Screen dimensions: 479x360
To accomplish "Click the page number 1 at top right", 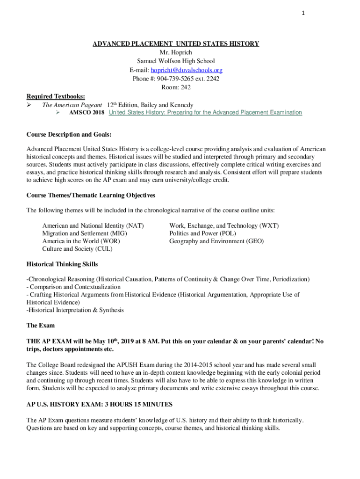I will pyautogui.click(x=303, y=13).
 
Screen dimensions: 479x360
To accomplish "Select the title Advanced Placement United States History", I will pyautogui.click(x=175, y=44).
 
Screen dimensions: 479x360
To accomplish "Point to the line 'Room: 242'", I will pyautogui.click(x=176, y=87).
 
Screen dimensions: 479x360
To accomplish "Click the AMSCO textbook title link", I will pyautogui.click(x=205, y=113).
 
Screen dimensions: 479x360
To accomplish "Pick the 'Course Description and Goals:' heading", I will pyautogui.click(x=69, y=135).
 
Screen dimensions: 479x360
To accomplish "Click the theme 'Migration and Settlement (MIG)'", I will pyautogui.click(x=85, y=233).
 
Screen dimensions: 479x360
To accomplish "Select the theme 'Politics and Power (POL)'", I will pyautogui.click(x=202, y=233).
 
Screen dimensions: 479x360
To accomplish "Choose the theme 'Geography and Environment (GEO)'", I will pyautogui.click(x=216, y=241).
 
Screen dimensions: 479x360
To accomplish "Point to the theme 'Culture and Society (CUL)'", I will pyautogui.click(x=77, y=249).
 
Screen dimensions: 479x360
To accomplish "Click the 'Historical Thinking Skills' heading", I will pyautogui.click(x=62, y=264).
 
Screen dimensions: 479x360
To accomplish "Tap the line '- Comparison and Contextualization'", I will pyautogui.click(x=73, y=287).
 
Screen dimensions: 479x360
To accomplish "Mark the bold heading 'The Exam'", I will pyautogui.click(x=41, y=325).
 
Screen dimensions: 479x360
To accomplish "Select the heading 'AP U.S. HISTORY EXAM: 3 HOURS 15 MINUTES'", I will pyautogui.click(x=100, y=404).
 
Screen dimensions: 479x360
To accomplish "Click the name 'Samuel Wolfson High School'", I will pyautogui.click(x=176, y=61).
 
